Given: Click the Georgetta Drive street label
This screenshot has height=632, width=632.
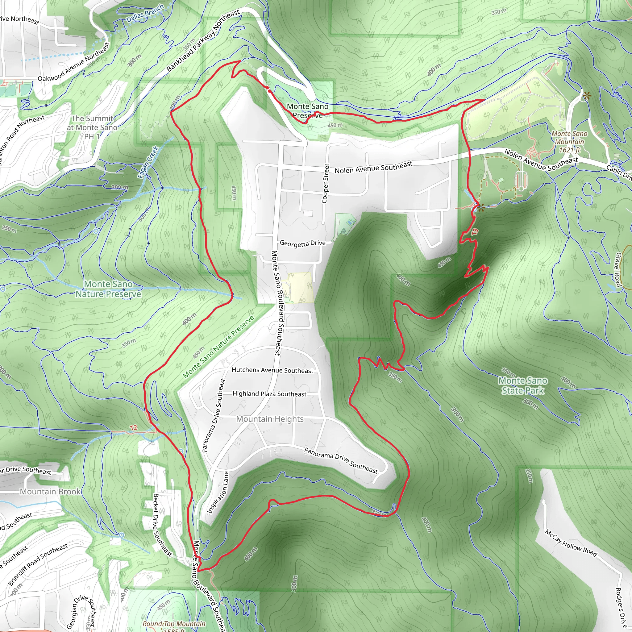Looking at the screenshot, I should pos(303,243).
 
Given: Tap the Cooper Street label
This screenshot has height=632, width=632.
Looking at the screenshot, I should pos(326,183).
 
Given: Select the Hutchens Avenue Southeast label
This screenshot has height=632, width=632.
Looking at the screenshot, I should pos(272,370).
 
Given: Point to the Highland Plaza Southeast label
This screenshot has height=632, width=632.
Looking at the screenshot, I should pos(269,394).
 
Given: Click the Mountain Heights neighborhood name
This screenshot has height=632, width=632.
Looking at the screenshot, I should pos(270,419).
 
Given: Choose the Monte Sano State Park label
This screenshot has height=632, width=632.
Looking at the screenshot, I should pos(523,385).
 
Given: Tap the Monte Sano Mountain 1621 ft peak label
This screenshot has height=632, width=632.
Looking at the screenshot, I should pos(569,142).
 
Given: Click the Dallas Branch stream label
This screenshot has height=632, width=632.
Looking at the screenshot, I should pos(145,13).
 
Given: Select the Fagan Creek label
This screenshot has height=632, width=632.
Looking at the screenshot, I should pos(148,162).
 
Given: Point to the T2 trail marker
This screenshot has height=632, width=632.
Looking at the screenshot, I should pos(133,428).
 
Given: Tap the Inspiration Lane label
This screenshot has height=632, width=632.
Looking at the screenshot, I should pos(218,493).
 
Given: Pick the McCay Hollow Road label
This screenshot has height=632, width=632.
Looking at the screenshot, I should pos(571,543).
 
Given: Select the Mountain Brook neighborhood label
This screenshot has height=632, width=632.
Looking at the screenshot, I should pos(50,492).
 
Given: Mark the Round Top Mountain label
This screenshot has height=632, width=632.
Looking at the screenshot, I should pos(174,624).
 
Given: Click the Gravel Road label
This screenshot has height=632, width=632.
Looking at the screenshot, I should pos(618,269).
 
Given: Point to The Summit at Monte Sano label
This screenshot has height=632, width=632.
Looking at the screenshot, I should pos(92,127).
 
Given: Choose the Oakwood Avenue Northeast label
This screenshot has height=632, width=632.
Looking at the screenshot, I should pos(74,62).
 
